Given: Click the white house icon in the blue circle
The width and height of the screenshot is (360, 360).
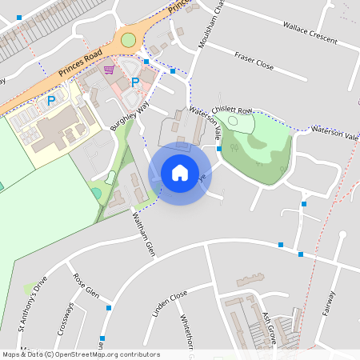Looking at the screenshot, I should click(180, 172).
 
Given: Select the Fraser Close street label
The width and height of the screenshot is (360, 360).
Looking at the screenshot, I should click(254, 62).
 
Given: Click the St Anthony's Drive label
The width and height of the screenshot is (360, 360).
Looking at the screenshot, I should click(37, 305).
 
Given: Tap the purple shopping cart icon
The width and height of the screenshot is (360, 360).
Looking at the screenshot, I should click(109, 70).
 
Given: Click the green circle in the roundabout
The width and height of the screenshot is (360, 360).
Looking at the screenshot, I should click(128, 39).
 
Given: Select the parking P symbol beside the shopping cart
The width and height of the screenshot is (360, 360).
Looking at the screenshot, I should click(135, 82).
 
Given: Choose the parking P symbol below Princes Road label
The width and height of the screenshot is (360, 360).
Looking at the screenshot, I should click(51, 101).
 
